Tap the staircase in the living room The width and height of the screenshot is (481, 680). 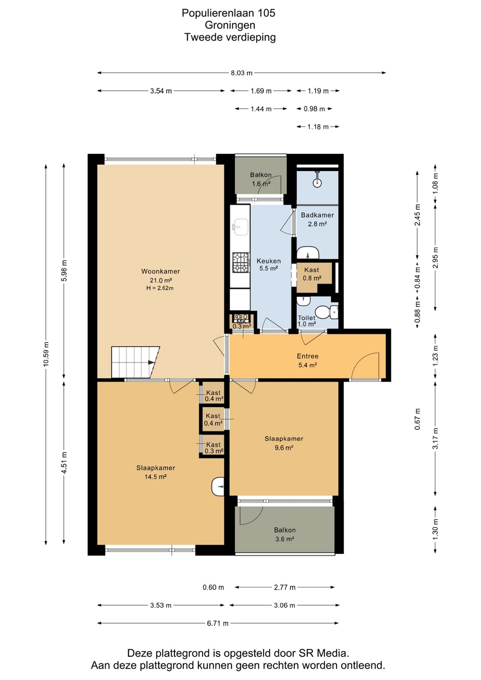click(136, 362)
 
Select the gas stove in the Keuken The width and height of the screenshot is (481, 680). click(240, 263)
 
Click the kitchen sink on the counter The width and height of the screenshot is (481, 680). click(240, 227)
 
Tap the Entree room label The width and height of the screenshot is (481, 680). click(308, 356)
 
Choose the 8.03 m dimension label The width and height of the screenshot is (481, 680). click(241, 73)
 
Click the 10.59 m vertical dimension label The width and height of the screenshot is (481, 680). click(46, 354)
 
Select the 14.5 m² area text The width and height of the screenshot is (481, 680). click(155, 476)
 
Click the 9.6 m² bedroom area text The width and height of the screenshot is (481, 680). click(283, 448)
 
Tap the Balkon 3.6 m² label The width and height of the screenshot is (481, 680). click(284, 535)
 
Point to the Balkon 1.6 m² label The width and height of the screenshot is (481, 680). click(261, 179)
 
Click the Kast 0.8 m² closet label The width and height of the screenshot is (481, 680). click(312, 274)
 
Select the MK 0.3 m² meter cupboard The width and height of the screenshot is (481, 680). click(242, 323)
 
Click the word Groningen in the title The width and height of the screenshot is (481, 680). click(230, 25)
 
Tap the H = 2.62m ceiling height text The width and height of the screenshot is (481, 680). click(160, 288)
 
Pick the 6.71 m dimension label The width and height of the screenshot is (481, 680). click(218, 623)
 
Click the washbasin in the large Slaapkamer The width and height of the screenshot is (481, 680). click(217, 486)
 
